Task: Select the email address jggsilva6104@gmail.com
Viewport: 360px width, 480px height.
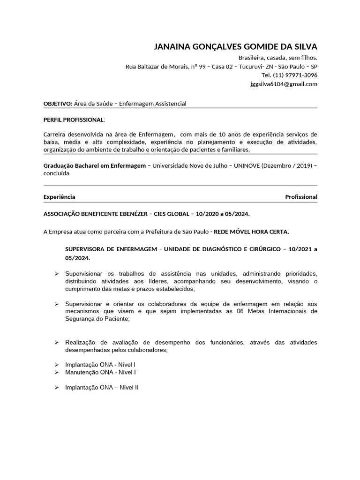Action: point(284,84)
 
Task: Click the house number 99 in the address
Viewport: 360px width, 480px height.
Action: point(202,67)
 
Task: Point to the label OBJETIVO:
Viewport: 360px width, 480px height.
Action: point(58,104)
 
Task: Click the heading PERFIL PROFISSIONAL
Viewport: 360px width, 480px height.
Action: point(74,120)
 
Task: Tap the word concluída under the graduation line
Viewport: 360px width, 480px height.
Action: point(56,173)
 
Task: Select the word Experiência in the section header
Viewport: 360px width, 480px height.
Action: point(60,197)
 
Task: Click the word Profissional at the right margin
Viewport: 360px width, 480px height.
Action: point(301,197)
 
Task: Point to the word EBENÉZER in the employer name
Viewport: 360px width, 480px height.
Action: point(127,214)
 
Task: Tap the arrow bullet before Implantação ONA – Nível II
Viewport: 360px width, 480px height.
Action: point(56,388)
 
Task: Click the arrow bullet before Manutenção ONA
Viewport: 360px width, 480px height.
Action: point(56,372)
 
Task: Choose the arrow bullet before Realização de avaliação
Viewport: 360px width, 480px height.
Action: point(56,343)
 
